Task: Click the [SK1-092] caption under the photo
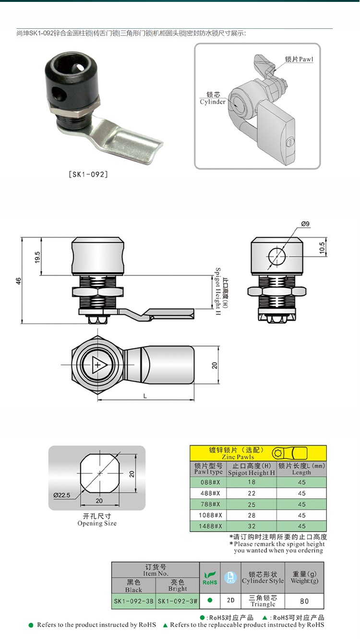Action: pyautogui.click(x=89, y=174)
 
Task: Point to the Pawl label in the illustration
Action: pyautogui.click(x=299, y=60)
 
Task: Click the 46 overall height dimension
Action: pyautogui.click(x=18, y=281)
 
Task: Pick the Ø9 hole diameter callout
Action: pyautogui.click(x=306, y=224)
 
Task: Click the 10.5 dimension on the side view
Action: pyautogui.click(x=322, y=248)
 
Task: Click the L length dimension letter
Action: pyautogui.click(x=145, y=396)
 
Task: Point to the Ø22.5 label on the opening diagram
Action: pyautogui.click(x=62, y=495)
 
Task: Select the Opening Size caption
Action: pyautogui.click(x=97, y=520)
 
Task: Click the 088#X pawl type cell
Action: pyautogui.click(x=207, y=482)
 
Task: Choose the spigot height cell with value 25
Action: pyautogui.click(x=252, y=504)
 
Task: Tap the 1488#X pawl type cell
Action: pyautogui.click(x=207, y=526)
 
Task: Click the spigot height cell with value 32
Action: pyautogui.click(x=252, y=526)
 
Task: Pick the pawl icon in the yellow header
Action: pyautogui.click(x=290, y=453)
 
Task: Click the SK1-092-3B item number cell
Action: pyautogui.click(x=133, y=601)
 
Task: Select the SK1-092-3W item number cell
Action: pyautogui.click(x=178, y=601)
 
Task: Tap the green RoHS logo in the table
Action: pyautogui.click(x=210, y=578)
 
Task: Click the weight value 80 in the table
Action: pyautogui.click(x=304, y=601)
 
